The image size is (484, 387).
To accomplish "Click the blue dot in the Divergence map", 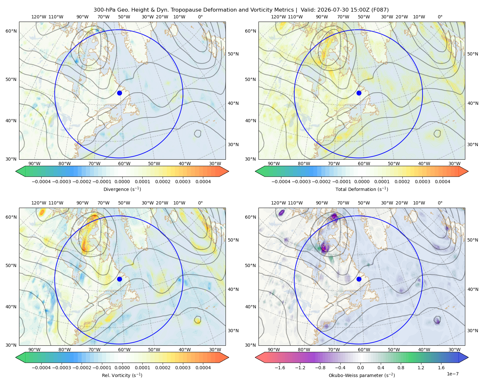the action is (x=119, y=93).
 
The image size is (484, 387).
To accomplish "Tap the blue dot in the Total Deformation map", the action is (x=359, y=93).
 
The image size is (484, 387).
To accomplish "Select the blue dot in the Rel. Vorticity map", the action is (x=119, y=279).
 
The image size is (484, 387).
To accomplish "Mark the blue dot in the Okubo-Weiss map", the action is (x=359, y=279).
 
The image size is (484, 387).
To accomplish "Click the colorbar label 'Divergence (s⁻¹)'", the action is (x=122, y=189).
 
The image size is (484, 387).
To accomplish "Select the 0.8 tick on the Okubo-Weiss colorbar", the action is (x=401, y=368).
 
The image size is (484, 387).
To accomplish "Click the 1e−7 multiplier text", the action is (x=452, y=374).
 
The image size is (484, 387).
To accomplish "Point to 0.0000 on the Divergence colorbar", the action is (x=122, y=182).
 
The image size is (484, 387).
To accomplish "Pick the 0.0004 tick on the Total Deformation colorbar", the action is (x=442, y=182).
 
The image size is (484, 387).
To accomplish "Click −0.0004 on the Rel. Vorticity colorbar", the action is (x=41, y=368).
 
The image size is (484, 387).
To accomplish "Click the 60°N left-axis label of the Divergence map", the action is (x=11, y=31).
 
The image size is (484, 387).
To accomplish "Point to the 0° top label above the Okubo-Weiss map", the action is (x=440, y=203).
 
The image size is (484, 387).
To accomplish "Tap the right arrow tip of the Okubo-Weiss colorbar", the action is (x=468, y=357).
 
